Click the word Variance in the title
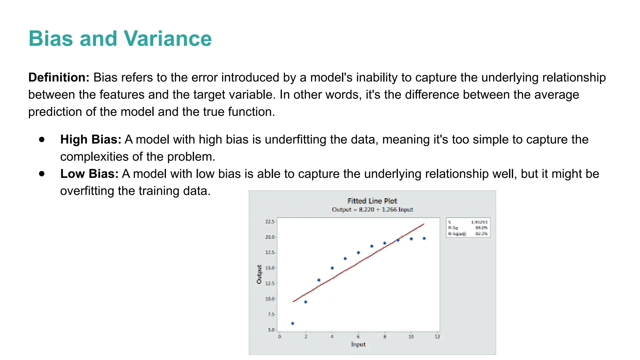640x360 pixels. click(167, 39)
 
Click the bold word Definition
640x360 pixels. click(59, 77)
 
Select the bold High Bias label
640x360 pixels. click(91, 139)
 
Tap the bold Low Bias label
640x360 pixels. click(89, 174)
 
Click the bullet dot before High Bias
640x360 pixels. click(42, 139)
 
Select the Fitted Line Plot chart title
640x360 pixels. click(372, 201)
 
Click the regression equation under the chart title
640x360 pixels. click(372, 209)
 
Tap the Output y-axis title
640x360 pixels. click(259, 274)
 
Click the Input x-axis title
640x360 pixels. click(358, 344)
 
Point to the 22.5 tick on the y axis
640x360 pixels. click(270, 222)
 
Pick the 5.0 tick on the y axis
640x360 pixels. click(271, 330)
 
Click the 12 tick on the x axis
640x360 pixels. click(437, 337)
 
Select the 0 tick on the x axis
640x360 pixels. click(280, 337)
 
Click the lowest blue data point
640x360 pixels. click(292, 323)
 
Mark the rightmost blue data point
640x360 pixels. click(424, 238)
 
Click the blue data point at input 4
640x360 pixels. click(332, 268)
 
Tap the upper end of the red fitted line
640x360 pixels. click(423, 224)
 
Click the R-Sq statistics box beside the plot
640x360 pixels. click(468, 228)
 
